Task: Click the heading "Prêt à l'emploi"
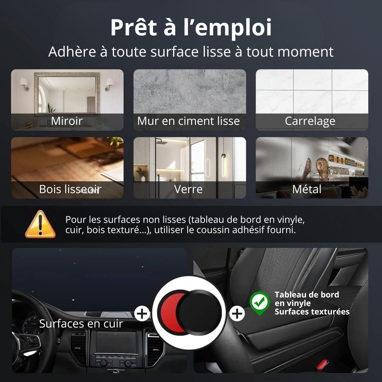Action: click(191, 27)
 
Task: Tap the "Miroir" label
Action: click(67, 121)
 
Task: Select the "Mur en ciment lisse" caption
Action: click(188, 121)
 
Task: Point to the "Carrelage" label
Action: click(310, 121)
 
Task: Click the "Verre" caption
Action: click(188, 189)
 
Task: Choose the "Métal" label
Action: click(307, 189)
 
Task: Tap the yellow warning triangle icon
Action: click(40, 224)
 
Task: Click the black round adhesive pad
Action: click(200, 312)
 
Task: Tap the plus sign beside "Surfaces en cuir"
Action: click(142, 313)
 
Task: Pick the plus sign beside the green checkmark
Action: click(237, 313)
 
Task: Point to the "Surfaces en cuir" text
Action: click(81, 324)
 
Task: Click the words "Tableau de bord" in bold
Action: click(307, 295)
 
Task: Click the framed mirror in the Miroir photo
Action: click(67, 93)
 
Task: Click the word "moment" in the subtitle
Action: click(305, 52)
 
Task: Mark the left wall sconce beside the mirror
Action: click(25, 83)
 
